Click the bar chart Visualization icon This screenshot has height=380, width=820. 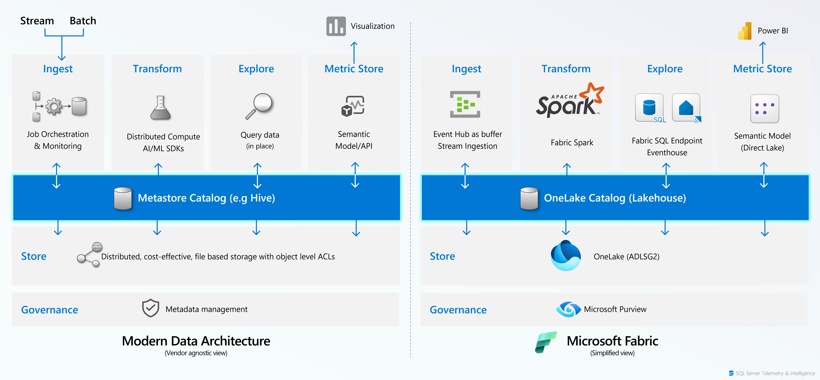tap(336, 26)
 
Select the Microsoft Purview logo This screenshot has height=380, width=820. tap(569, 309)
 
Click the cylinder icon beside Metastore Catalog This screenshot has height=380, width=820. tap(123, 198)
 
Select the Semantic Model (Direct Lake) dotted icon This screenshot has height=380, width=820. tap(765, 109)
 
